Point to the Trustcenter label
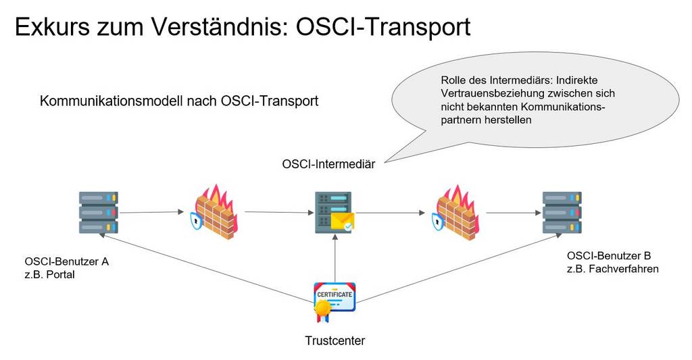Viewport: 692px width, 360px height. [x=335, y=340]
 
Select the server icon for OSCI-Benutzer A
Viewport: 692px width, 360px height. [x=99, y=212]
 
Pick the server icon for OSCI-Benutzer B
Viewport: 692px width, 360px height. [x=562, y=212]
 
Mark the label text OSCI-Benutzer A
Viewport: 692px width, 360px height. [x=67, y=261]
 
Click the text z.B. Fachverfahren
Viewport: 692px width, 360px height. [x=613, y=269]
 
